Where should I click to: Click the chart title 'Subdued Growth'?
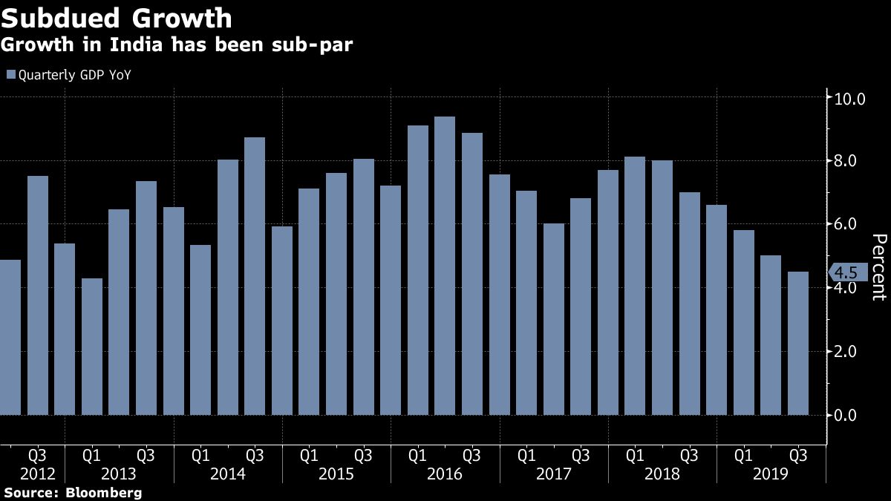tap(117, 18)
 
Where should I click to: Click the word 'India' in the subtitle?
tap(133, 45)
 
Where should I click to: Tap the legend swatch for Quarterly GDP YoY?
tap(10, 74)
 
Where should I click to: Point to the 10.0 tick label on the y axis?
tap(850, 98)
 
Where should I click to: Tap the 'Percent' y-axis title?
tap(879, 266)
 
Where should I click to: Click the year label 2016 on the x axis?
tap(445, 474)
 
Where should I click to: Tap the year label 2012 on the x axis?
tap(38, 474)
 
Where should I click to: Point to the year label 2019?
tap(771, 474)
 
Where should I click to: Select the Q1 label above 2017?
tap(526, 454)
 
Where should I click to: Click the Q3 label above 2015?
tap(363, 454)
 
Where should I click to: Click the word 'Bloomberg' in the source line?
tap(103, 492)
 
